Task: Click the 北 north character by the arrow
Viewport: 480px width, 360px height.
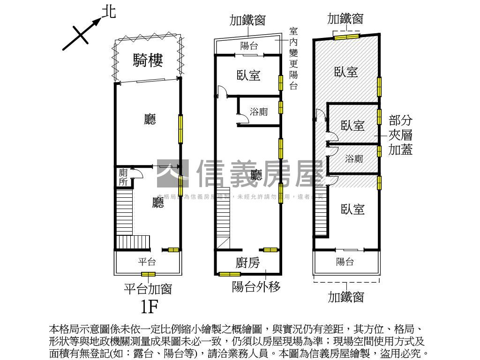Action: (109, 12)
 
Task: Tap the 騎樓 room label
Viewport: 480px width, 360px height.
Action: (148, 60)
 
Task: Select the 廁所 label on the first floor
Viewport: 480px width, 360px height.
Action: (123, 178)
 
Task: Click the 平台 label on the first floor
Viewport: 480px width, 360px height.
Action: (147, 262)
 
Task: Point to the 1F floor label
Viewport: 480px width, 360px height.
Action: (150, 306)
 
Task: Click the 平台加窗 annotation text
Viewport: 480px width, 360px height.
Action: (147, 288)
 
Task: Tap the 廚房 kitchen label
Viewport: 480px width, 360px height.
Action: (247, 263)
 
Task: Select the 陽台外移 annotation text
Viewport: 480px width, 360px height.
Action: (256, 286)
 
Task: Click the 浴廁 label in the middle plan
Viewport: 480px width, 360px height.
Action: (259, 112)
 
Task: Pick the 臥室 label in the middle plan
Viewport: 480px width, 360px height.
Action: (248, 75)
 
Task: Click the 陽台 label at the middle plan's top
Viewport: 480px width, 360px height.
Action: (249, 46)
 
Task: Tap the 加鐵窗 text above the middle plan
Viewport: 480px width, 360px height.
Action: (247, 20)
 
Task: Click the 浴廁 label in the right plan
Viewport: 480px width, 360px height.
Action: (354, 158)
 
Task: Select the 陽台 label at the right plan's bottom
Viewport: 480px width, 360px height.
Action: (345, 262)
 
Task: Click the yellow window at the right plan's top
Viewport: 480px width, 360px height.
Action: (346, 36)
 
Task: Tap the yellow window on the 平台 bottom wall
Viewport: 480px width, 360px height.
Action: (148, 274)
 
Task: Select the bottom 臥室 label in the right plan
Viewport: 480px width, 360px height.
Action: (352, 209)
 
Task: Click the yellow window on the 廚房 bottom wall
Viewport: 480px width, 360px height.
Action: (230, 274)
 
